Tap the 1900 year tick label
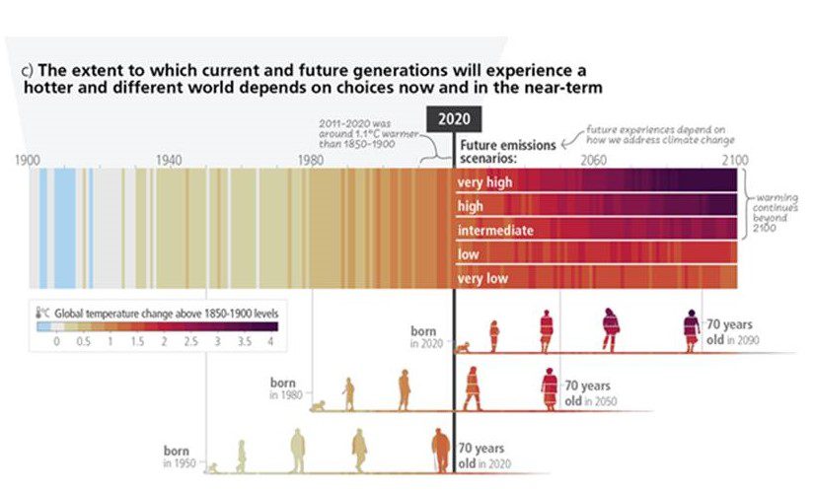pos(28,160)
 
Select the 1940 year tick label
pos(169,160)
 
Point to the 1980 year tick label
pos(311,160)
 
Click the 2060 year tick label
pos(594,160)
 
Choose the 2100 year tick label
pos(734,160)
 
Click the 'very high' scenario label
pos(484,182)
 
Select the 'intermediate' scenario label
pos(494,231)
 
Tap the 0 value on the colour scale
pos(56,340)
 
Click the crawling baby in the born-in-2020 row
pos(461,347)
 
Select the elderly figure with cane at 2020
pos(440,452)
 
